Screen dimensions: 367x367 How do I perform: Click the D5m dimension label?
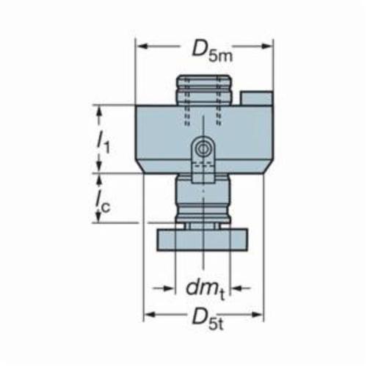coord(212,51)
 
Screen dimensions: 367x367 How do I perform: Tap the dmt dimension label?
coord(205,289)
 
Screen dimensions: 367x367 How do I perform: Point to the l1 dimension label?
coord(103,145)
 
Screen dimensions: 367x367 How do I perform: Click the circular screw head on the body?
coord(203,148)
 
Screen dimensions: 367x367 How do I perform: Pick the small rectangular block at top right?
coord(256,98)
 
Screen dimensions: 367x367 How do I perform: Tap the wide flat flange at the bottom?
coord(202,240)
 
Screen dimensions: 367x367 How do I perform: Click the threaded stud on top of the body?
coord(203,90)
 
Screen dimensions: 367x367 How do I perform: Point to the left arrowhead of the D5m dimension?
coord(142,46)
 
